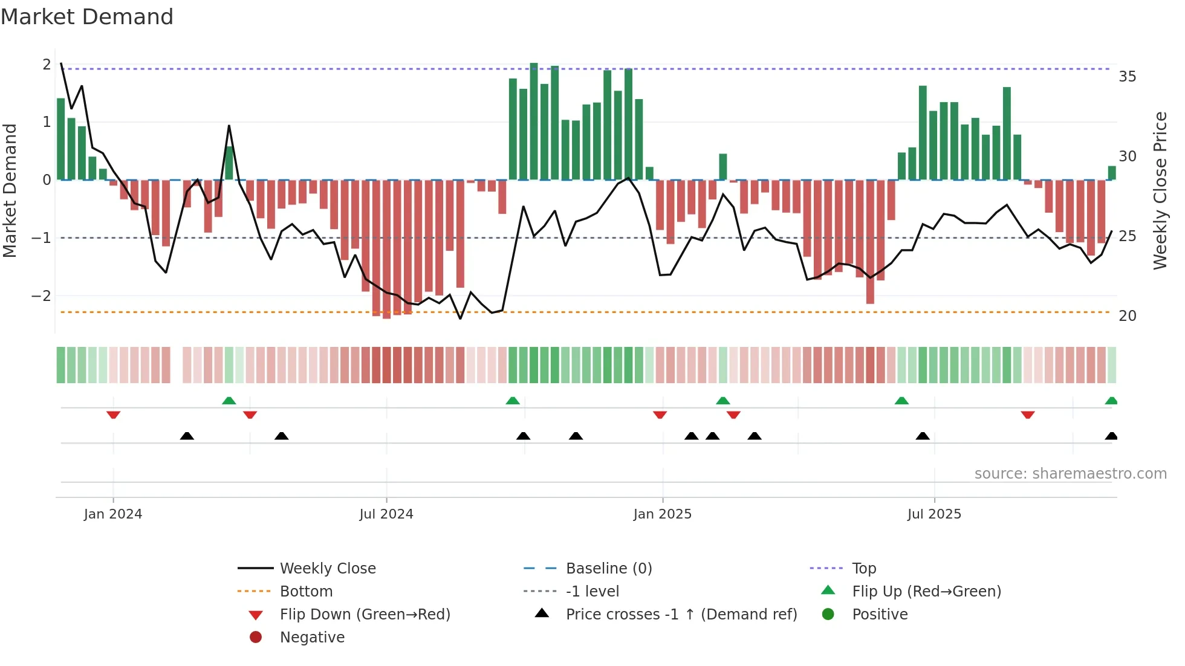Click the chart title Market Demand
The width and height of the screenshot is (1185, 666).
[x=87, y=17]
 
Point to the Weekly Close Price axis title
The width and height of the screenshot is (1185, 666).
[x=1160, y=190]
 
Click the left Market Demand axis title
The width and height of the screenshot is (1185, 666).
[x=10, y=190]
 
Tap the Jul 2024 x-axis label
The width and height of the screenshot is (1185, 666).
[x=386, y=514]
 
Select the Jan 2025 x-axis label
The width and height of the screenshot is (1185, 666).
[x=662, y=514]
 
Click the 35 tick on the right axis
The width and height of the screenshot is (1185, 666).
[x=1127, y=77]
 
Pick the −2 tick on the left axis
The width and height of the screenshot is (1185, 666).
[x=41, y=296]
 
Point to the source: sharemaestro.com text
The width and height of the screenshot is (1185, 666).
[x=1070, y=474]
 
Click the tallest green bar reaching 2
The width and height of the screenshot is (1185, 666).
[x=534, y=121]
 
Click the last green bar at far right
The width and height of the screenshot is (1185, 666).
[x=1112, y=173]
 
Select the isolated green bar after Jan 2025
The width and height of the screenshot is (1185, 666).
[x=723, y=167]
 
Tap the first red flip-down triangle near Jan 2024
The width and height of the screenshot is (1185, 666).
[x=113, y=415]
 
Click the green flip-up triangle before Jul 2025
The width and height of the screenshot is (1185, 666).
[x=901, y=401]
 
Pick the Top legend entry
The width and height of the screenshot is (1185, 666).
[x=863, y=569]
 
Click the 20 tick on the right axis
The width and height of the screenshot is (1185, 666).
[x=1127, y=316]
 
